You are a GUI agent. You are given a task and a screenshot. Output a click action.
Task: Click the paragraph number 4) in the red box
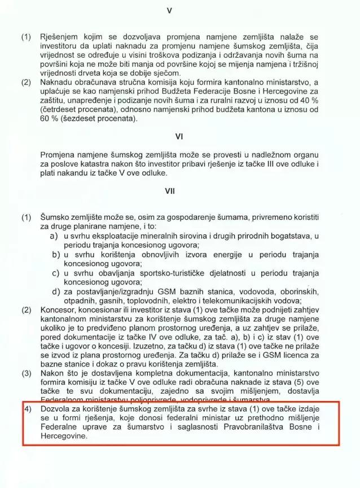coord(27,408)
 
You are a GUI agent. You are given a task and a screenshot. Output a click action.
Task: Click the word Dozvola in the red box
coord(56,408)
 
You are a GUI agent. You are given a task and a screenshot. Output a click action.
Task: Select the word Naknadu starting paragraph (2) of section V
coord(59,82)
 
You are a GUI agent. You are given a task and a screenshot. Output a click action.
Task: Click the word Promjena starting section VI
coord(61,154)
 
